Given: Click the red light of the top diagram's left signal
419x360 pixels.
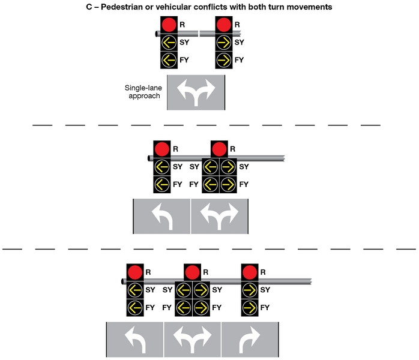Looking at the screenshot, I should (168, 25).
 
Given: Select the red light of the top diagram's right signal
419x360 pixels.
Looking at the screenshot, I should (223, 25).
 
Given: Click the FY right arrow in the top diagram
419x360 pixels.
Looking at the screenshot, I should (223, 59).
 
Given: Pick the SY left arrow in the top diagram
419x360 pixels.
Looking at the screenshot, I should (168, 43).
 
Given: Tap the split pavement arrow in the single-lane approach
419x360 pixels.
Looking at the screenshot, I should (195, 92).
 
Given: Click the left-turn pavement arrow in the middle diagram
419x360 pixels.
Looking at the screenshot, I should (162, 217).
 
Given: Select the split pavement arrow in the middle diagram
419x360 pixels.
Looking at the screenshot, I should (219, 217).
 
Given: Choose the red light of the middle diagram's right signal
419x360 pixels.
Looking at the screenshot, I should (219, 149).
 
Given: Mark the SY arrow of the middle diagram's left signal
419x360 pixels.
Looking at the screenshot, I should (161, 167).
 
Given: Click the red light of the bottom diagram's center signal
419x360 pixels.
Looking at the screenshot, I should (191, 272).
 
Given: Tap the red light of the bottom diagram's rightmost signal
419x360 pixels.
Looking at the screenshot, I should (249, 272).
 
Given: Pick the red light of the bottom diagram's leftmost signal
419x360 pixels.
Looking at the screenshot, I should (134, 272).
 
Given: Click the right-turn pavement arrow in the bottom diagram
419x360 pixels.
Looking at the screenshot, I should (249, 340).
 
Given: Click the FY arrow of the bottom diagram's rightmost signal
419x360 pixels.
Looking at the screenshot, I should (249, 307).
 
